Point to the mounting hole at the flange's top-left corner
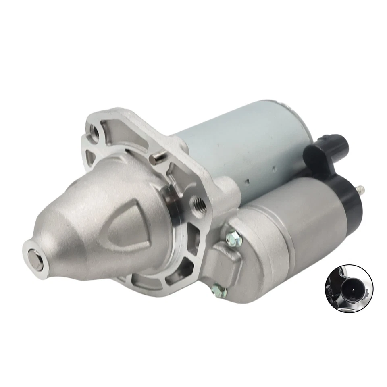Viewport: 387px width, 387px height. (96, 131)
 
